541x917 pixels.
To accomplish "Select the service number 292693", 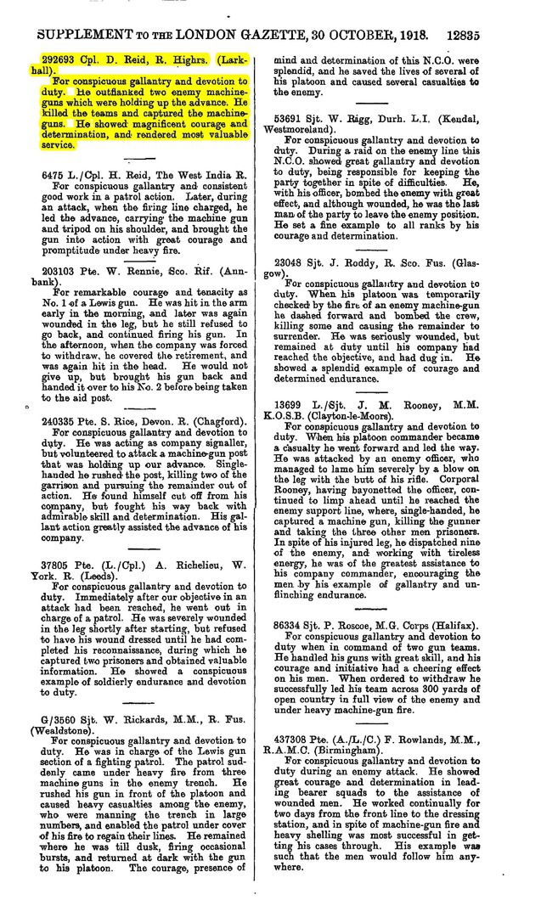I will tap(60, 61).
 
